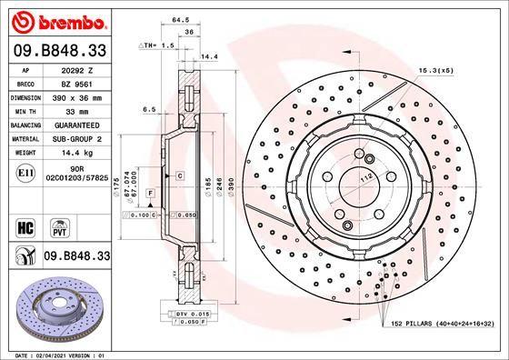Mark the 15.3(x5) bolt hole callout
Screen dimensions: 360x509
coord(434,69)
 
